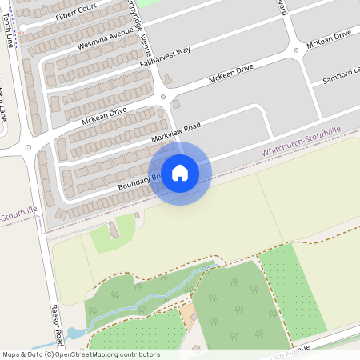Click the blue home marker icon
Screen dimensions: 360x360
[180, 173]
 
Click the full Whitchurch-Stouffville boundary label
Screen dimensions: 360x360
[301, 141]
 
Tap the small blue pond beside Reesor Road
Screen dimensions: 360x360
[76, 333]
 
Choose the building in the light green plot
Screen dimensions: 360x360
[114, 230]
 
